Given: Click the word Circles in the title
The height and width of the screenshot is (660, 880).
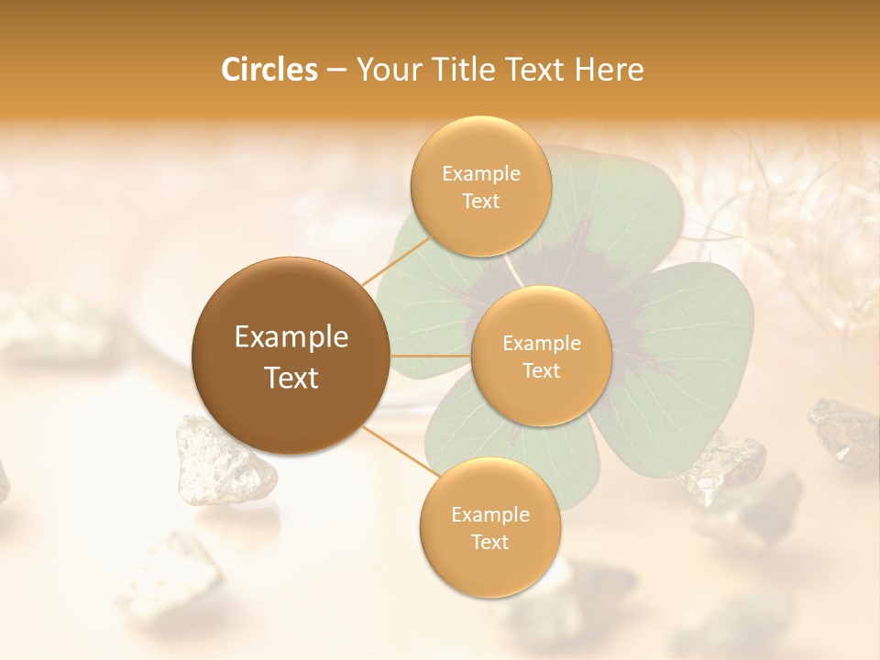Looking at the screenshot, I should pyautogui.click(x=269, y=69).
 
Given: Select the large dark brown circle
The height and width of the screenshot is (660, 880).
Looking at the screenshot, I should pyautogui.click(x=291, y=356).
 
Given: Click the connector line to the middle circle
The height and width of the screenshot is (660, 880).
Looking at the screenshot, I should pyautogui.click(x=430, y=356).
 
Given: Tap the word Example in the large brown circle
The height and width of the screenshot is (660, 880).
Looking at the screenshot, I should pyautogui.click(x=291, y=337).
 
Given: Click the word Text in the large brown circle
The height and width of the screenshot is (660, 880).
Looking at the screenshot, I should pyautogui.click(x=291, y=378).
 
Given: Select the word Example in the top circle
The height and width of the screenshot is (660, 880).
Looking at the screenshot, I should pyautogui.click(x=480, y=174).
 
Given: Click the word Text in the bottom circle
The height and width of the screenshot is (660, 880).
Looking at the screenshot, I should pyautogui.click(x=489, y=543).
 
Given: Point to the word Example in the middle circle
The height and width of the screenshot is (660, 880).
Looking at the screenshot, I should pyautogui.click(x=541, y=344).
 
